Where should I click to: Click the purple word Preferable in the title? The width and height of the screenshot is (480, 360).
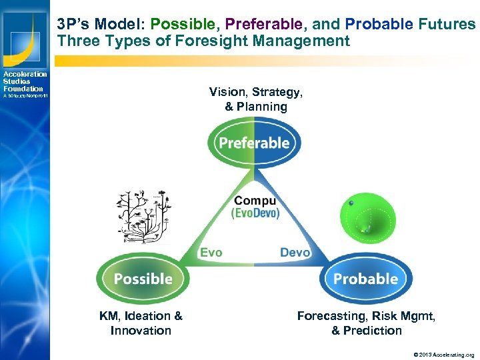[263, 25]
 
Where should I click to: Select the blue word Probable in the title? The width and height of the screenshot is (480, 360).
[379, 25]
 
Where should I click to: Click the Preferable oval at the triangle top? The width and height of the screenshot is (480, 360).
[254, 143]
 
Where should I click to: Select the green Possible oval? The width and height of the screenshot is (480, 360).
[143, 279]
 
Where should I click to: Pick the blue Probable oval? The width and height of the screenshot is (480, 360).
[365, 279]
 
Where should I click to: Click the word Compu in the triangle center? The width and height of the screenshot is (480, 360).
[255, 201]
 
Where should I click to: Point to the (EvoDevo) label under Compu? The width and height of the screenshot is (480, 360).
[255, 213]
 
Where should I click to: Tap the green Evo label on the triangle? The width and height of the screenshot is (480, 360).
[211, 253]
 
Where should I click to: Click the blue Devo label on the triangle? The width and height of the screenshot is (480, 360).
[295, 253]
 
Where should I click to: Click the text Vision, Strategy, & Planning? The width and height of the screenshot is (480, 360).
[255, 99]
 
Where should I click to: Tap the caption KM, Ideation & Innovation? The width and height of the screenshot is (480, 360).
[141, 323]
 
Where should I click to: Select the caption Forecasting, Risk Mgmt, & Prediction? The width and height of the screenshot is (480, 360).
[366, 323]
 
